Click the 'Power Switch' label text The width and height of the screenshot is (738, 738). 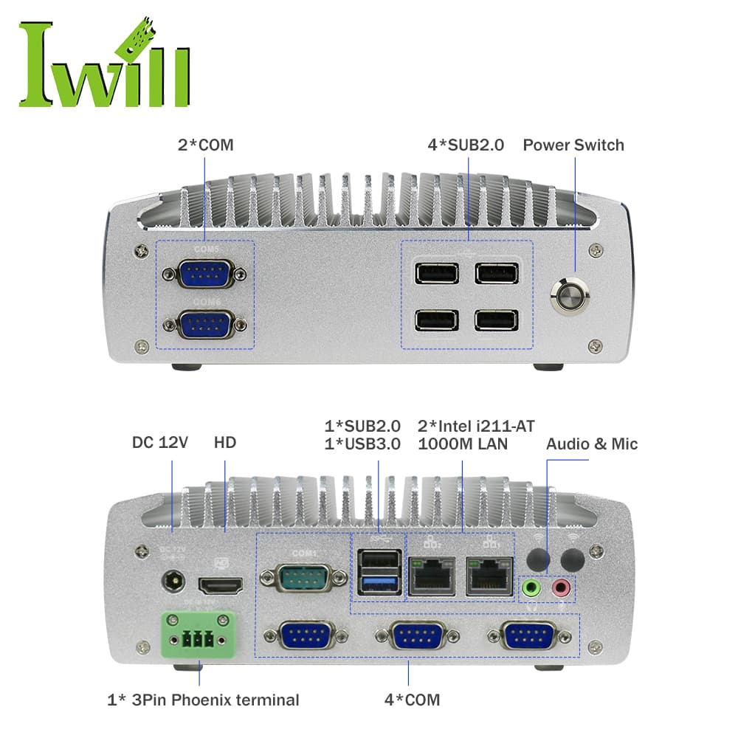573,145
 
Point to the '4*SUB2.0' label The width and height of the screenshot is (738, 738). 466,145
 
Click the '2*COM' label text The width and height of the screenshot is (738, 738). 205,145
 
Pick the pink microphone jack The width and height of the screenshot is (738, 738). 562,588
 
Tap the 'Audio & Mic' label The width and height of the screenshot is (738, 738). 592,444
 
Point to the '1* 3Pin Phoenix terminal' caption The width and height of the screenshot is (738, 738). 204,700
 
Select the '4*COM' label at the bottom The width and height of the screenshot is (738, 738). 412,700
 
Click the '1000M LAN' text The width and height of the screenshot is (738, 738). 463,444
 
